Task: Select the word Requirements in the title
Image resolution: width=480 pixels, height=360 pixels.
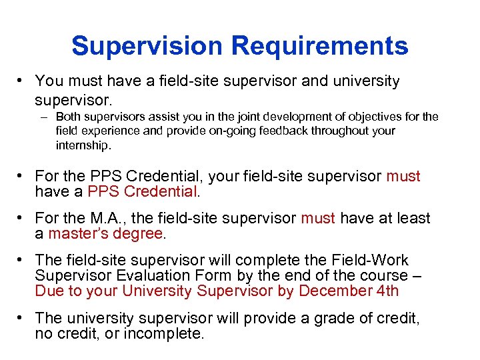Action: click(319, 46)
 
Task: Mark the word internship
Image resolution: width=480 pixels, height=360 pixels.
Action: click(83, 145)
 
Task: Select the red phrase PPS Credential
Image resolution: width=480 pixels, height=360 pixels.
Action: click(142, 192)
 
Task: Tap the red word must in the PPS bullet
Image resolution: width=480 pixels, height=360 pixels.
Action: click(403, 177)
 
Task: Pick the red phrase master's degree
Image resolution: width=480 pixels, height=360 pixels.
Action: click(105, 234)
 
